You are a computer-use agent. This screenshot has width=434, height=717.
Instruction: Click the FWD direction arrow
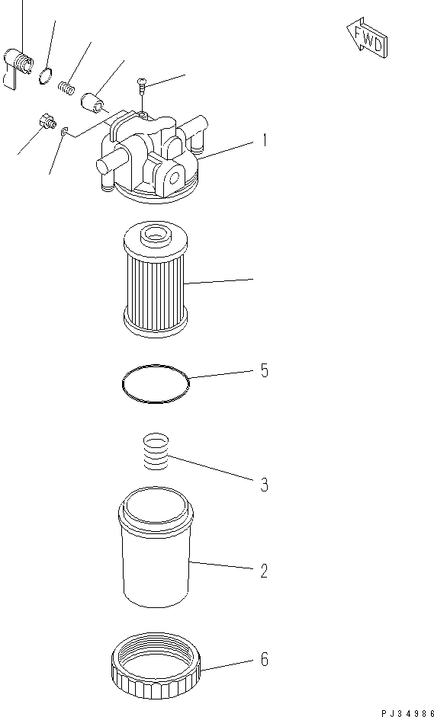click(367, 39)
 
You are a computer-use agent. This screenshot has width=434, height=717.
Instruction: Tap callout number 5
click(264, 371)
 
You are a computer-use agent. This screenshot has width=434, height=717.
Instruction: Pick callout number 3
click(264, 485)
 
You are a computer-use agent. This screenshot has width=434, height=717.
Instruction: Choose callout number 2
click(264, 570)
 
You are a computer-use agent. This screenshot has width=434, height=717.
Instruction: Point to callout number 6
click(264, 660)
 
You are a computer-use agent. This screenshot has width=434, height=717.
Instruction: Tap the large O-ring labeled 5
click(156, 383)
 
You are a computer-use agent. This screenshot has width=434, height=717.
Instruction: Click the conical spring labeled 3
click(156, 453)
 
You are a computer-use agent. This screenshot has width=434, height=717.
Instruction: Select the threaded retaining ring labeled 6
click(156, 667)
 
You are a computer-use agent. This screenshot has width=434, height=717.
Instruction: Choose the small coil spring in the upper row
click(67, 88)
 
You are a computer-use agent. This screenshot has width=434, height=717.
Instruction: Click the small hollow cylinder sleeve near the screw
click(92, 101)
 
